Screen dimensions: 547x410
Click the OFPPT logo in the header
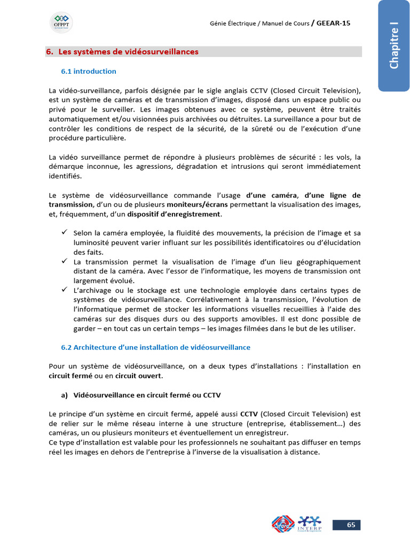61,22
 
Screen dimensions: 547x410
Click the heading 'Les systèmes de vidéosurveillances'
128,52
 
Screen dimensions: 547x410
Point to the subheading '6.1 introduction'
89,71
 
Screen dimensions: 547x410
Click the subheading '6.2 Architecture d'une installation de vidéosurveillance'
156,347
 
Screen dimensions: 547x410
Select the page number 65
351,525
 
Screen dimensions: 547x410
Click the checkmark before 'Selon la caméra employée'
64,232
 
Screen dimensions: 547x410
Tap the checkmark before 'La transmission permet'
64,261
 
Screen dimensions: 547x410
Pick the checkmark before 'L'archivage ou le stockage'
64,290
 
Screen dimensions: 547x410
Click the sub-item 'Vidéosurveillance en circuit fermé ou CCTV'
147,395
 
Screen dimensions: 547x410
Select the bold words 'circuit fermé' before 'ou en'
70,376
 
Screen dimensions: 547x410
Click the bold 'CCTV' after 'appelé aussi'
249,413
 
